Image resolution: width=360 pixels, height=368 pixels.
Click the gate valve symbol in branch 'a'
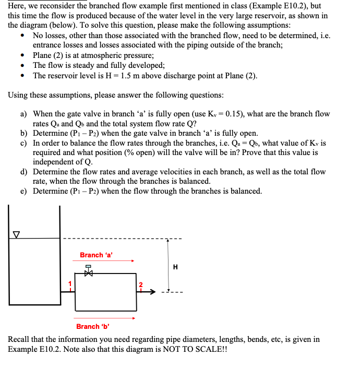tap(88, 272)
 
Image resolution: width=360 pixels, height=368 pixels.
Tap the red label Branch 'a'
tap(97, 255)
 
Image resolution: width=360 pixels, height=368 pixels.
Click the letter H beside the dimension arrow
tap(175, 267)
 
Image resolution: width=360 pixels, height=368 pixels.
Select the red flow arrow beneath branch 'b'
tap(104, 318)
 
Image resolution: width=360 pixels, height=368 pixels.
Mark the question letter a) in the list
tap(24, 114)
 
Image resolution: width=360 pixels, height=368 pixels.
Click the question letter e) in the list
tap(24, 191)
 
